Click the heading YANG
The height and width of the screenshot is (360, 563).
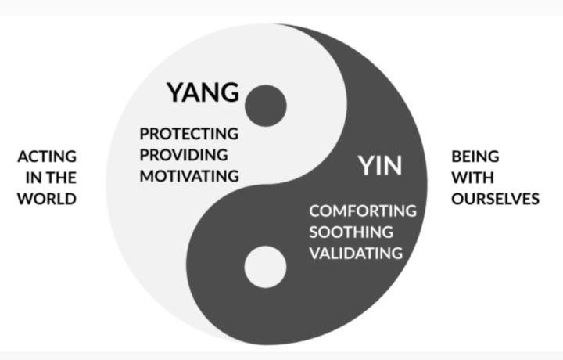click(203, 92)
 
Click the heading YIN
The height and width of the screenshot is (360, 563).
click(380, 166)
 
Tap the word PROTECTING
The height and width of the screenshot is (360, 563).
click(188, 133)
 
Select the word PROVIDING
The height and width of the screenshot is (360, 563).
click(184, 154)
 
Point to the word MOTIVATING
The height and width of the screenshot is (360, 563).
click(189, 176)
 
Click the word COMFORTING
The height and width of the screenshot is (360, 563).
click(362, 211)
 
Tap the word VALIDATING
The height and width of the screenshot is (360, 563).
click(356, 254)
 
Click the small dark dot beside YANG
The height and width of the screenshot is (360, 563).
click(265, 106)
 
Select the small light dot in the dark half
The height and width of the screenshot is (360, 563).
click(265, 267)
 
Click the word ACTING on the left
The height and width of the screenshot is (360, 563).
click(47, 157)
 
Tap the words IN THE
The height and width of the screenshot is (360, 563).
click(47, 178)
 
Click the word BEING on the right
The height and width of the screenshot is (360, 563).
click(475, 157)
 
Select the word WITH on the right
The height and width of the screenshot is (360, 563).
click(471, 178)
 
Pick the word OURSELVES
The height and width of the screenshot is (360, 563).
click(495, 199)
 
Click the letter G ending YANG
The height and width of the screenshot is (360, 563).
click(229, 92)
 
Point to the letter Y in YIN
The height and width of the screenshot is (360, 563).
click(367, 166)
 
